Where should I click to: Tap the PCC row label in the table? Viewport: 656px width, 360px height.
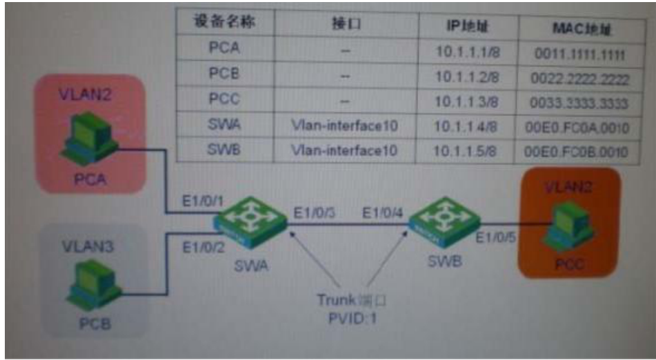223,99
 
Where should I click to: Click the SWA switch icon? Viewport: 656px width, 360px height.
250,222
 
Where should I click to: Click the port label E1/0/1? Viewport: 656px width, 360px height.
201,200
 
